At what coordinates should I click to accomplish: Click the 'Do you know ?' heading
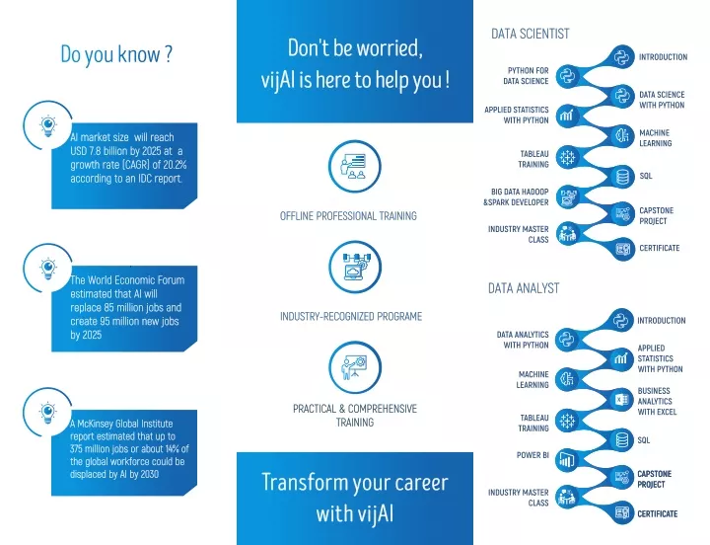116,54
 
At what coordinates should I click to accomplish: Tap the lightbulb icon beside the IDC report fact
47,126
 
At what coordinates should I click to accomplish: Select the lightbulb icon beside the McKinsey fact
47,413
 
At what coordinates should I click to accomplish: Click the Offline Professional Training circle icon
355,167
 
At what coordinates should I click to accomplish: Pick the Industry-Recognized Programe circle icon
355,267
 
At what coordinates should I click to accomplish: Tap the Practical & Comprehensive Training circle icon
355,367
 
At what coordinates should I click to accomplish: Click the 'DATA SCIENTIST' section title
531,34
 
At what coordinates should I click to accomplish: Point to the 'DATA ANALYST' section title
524,288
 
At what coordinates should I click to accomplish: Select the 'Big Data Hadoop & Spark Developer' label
516,196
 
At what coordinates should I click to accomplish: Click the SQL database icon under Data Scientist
622,177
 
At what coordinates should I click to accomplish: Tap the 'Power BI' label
532,455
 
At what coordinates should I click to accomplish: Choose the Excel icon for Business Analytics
621,400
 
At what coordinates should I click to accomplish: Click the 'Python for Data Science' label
526,76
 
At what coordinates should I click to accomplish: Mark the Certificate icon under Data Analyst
621,512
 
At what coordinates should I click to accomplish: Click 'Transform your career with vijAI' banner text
355,498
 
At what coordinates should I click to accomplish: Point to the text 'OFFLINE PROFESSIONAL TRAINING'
348,216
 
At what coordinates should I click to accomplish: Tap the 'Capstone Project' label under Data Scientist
656,216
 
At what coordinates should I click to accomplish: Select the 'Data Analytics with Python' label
523,340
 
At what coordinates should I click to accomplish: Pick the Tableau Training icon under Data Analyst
566,422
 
